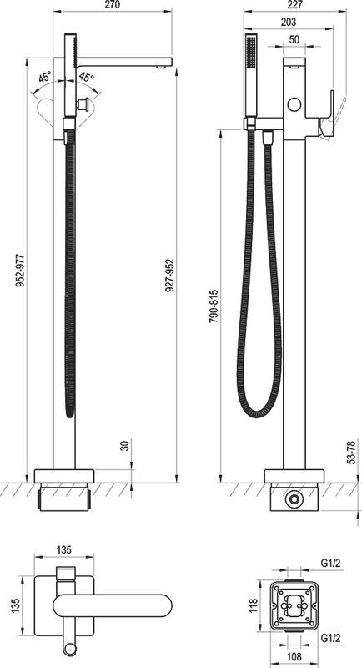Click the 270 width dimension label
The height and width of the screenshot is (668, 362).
coord(113,5)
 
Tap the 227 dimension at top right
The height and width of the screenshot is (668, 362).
coord(294,5)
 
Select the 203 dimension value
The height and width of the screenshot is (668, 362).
coord(289,22)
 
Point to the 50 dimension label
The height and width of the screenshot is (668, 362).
coord(294,39)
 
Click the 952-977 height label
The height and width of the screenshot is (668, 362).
coord(20,270)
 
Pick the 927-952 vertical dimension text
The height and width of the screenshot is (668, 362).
coord(169,276)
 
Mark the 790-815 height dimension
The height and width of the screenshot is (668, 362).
coord(214,306)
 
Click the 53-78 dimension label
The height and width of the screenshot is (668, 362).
coord(351,452)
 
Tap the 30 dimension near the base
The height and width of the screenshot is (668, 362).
coord(124,446)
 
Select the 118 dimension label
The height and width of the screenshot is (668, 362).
coord(254,605)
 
